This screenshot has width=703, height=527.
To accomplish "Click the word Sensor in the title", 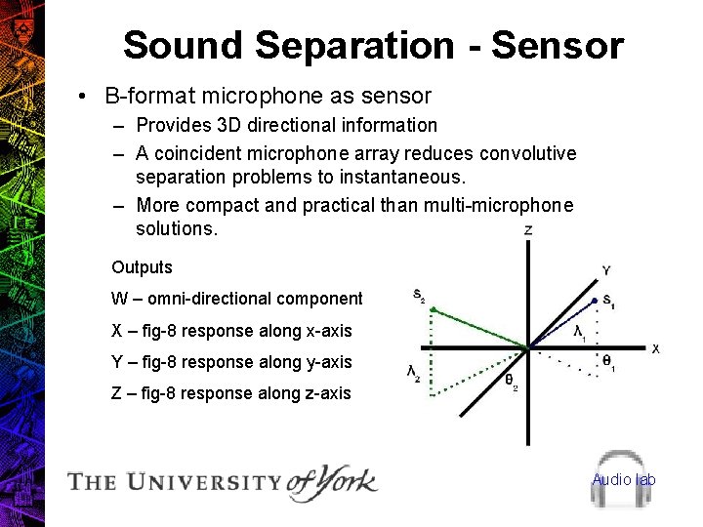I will click(558, 45).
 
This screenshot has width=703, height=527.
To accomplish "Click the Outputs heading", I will click(142, 267).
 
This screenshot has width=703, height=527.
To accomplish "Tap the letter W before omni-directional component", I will click(119, 299).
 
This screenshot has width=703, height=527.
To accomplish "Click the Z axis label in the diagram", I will click(528, 230).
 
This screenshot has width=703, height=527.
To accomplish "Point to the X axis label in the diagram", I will click(655, 348).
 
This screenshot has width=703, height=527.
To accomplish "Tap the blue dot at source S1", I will click(595, 300).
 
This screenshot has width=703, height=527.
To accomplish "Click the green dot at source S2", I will click(433, 310).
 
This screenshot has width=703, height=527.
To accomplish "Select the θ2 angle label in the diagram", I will click(510, 382).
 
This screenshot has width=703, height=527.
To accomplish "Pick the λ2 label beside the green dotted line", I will click(414, 372).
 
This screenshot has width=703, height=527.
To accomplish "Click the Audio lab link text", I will click(623, 479).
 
